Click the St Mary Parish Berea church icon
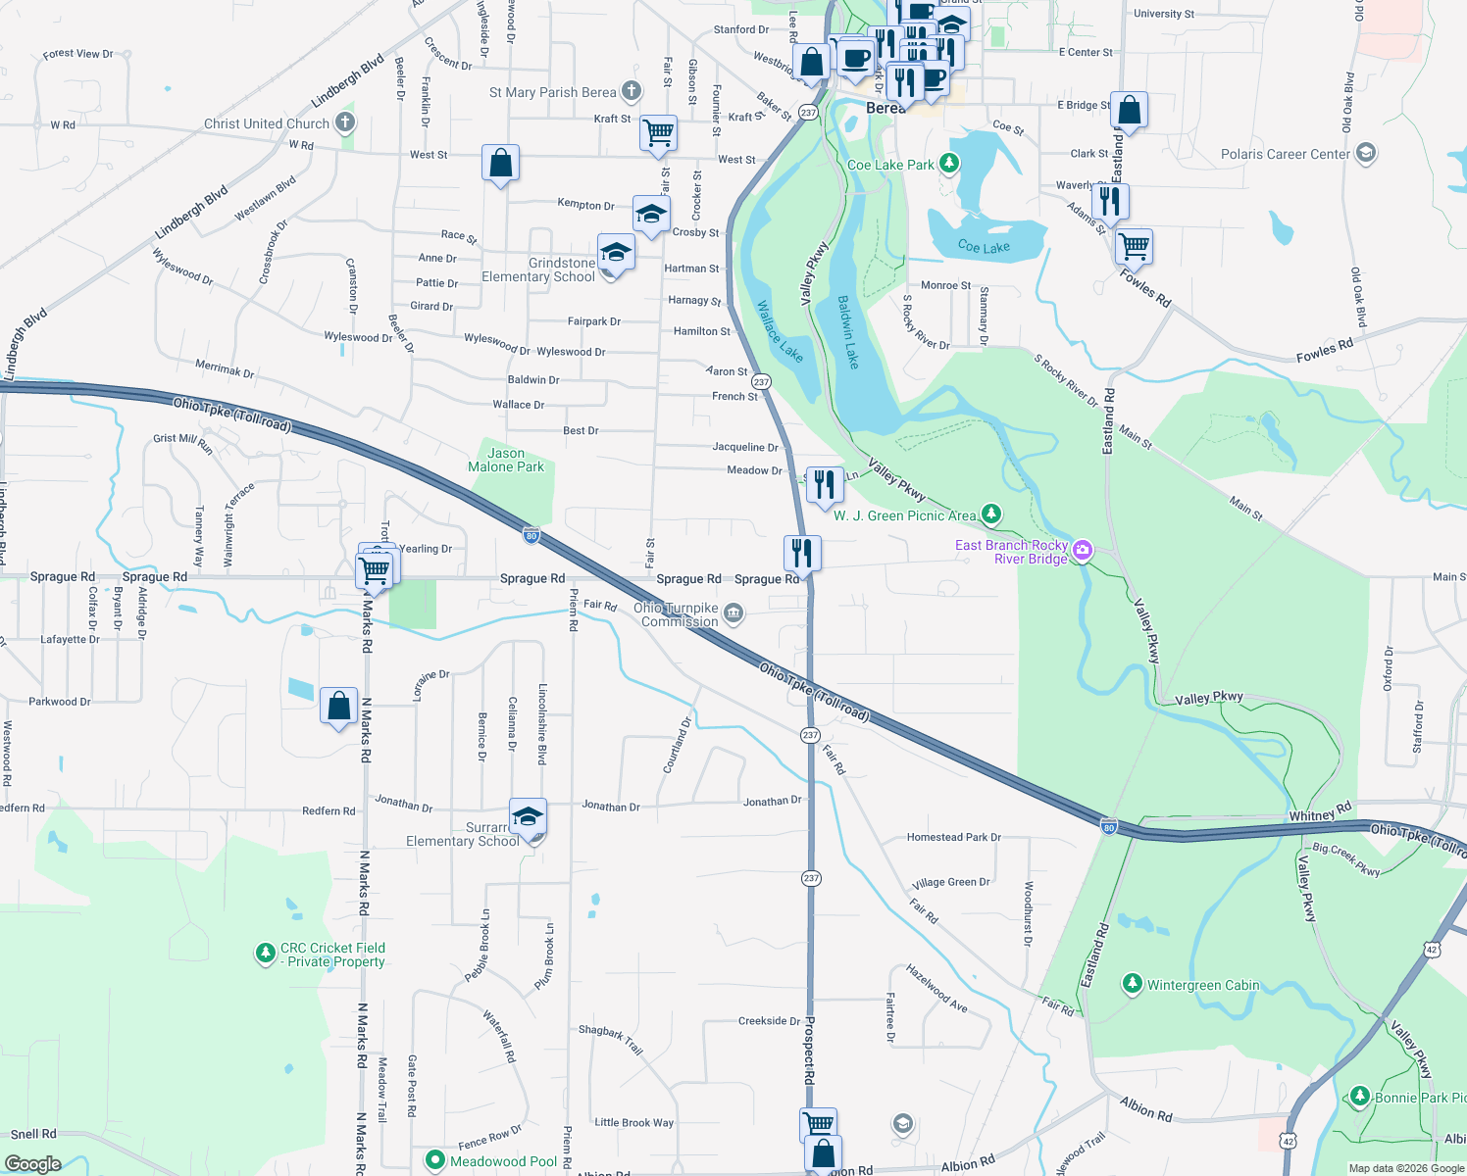click(x=632, y=91)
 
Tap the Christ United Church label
click(x=267, y=123)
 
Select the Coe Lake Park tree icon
click(x=949, y=163)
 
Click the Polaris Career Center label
click(x=1285, y=154)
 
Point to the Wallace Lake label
click(x=780, y=331)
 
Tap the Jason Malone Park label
click(x=505, y=460)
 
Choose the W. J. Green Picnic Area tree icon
click(x=991, y=514)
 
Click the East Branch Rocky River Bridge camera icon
click(x=1083, y=550)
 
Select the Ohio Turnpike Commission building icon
click(x=733, y=614)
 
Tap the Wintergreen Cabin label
click(x=1203, y=985)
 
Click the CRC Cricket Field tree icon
click(x=265, y=953)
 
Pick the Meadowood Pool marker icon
click(x=435, y=1160)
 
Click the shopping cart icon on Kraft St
click(x=658, y=132)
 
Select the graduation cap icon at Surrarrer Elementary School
click(x=528, y=815)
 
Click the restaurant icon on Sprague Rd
click(x=802, y=553)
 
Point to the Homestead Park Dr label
click(x=953, y=837)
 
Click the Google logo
click(x=32, y=1164)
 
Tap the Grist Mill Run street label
click(x=182, y=442)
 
